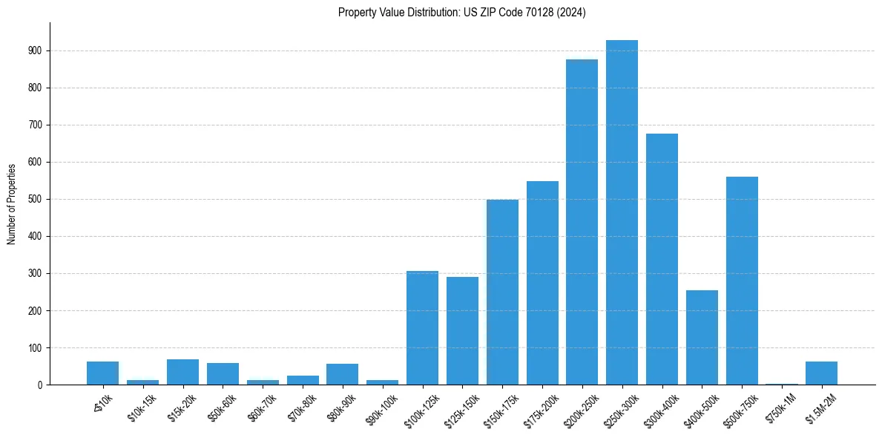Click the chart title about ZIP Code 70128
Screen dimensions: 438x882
pos(461,12)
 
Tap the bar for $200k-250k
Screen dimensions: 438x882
pos(582,222)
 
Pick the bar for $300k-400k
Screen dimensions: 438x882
pos(662,259)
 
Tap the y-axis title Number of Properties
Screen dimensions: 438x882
pos(12,203)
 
